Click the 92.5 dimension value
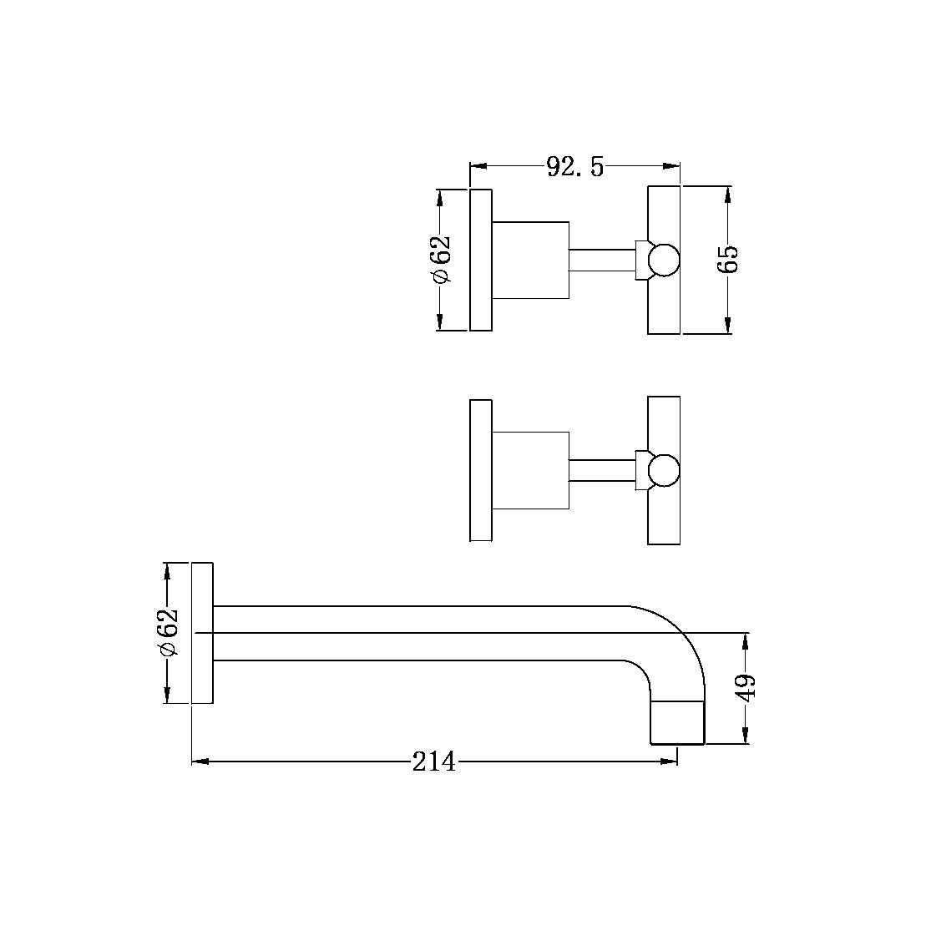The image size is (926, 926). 574,166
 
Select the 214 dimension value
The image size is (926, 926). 434,762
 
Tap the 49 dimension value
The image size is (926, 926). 746,687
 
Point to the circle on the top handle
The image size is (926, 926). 664,260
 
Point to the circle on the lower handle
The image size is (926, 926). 664,470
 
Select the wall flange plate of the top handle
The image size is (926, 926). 481,260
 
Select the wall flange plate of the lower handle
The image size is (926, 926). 481,470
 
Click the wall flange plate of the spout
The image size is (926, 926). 203,633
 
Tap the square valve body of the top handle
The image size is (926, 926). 530,260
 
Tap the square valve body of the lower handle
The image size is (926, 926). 530,470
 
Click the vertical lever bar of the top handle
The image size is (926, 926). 664,209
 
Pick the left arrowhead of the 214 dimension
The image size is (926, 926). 200,762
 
